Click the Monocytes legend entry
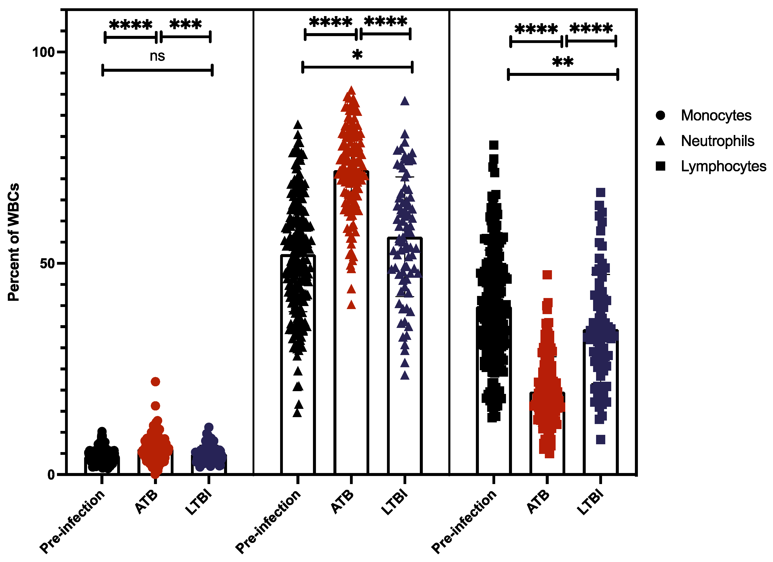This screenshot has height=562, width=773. click(716, 116)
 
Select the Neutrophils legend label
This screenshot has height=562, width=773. click(717, 141)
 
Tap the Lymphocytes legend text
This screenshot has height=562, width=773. click(723, 166)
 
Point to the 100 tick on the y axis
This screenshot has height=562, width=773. click(43, 52)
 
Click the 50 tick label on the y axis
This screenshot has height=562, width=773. click(47, 263)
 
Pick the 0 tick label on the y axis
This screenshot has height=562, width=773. click(51, 475)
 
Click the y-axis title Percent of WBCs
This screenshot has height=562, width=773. click(14, 242)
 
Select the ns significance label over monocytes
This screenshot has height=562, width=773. click(157, 56)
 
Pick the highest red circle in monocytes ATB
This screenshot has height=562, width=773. click(155, 381)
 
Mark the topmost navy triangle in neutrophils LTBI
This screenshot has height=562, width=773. click(405, 101)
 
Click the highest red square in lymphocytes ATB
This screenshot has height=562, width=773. click(547, 275)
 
